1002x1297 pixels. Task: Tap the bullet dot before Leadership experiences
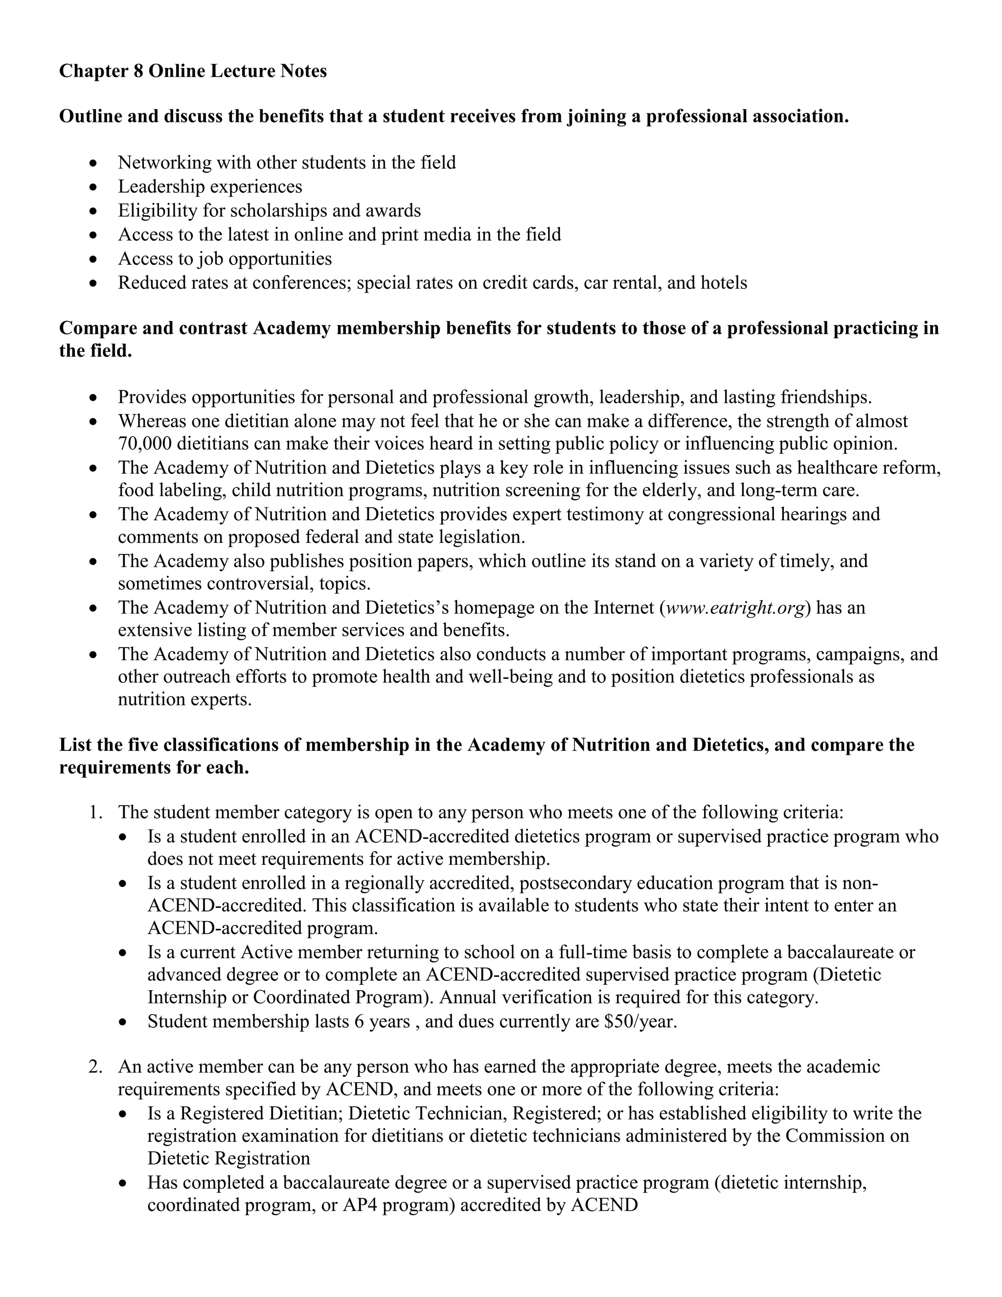92,187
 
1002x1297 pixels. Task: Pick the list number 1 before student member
95,812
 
